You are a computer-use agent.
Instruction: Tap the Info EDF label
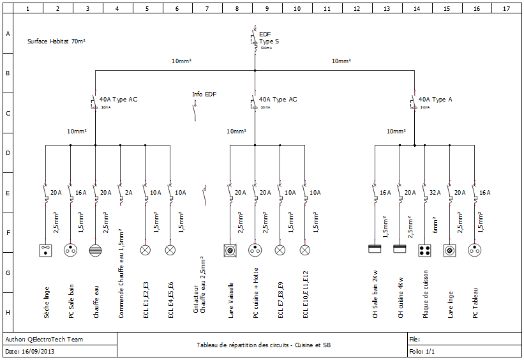pos(204,94)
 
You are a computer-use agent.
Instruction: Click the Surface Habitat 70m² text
pos(57,41)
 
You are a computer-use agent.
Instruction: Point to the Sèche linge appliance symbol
pos(45,250)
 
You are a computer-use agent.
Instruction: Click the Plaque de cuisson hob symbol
pos(425,250)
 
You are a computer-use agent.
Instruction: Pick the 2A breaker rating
pos(128,192)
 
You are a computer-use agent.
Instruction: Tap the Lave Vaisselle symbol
pos(230,250)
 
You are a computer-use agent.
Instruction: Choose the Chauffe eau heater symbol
pos(95,250)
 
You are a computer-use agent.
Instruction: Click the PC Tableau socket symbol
pos(474,250)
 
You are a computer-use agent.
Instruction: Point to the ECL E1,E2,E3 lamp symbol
pos(145,250)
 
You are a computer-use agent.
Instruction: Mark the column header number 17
pos(506,9)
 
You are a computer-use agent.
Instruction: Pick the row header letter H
pos(8,312)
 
